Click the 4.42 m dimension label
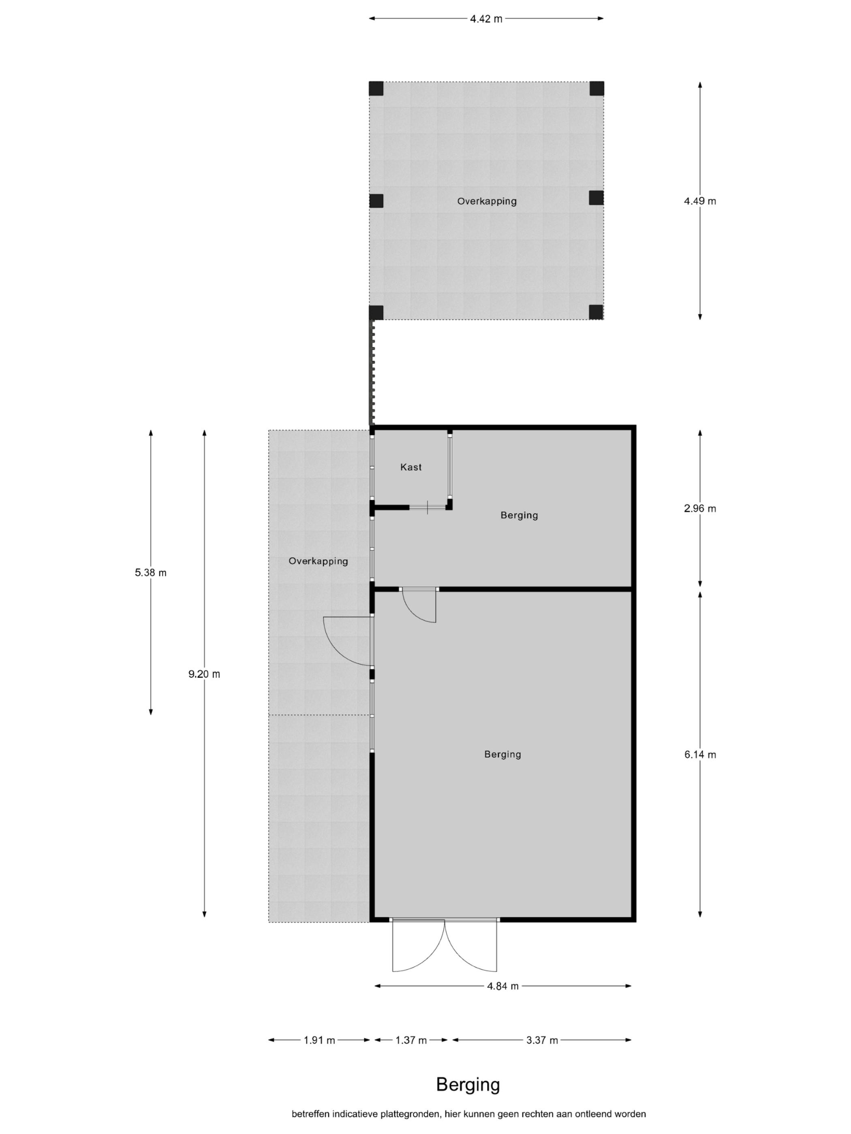[486, 19]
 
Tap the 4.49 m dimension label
[700, 201]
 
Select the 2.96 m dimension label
[700, 509]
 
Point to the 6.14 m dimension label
[700, 754]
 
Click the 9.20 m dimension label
[204, 674]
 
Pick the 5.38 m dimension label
[151, 573]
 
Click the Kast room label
[411, 467]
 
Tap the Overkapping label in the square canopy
[487, 201]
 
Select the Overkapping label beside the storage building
[318, 561]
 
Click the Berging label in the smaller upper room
[519, 515]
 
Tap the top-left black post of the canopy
[376, 89]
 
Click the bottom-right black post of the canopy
[596, 312]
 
